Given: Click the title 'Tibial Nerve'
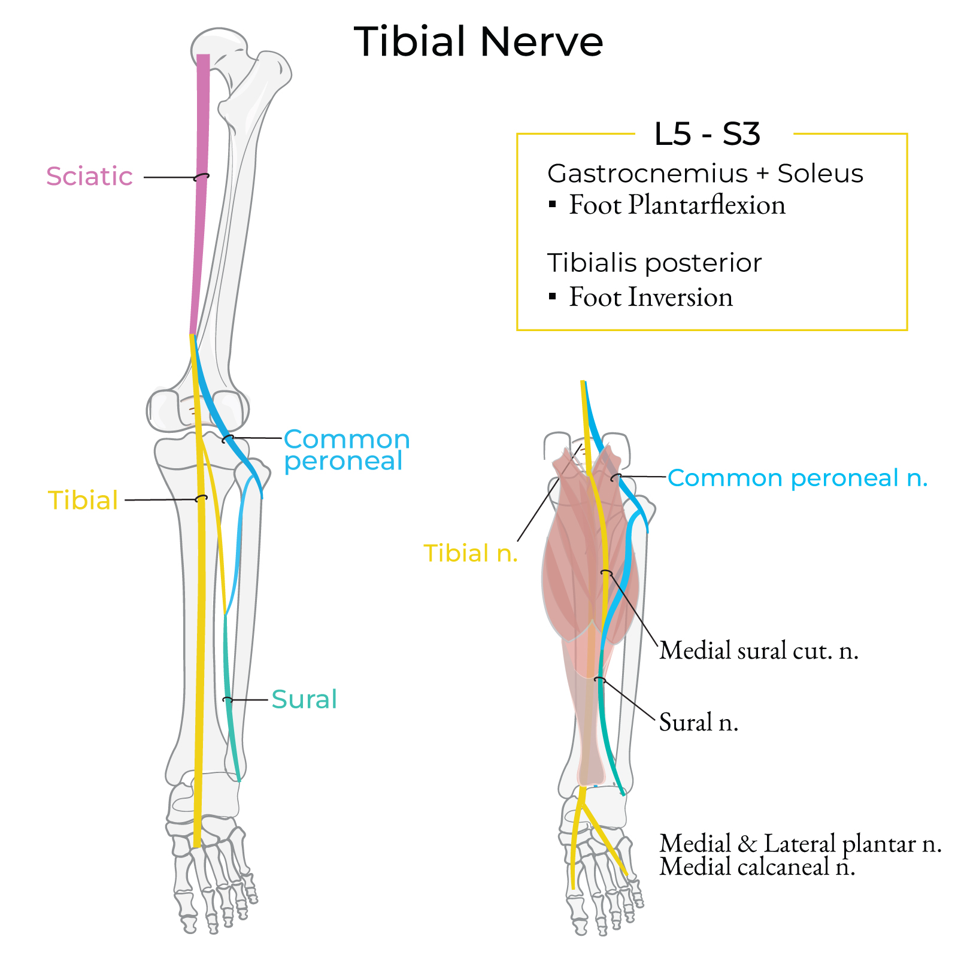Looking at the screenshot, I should click(478, 42).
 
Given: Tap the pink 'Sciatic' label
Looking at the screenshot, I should click(89, 177).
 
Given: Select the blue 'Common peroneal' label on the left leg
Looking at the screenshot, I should click(346, 450).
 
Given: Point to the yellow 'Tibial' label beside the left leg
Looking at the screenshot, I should click(83, 501).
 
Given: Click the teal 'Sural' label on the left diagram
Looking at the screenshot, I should click(304, 699).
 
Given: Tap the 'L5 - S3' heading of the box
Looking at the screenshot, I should click(707, 134).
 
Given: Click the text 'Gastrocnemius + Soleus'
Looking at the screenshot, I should click(705, 174).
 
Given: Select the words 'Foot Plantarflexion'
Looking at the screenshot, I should click(677, 205).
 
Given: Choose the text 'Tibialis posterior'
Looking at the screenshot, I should click(654, 263).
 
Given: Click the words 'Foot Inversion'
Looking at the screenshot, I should click(650, 298).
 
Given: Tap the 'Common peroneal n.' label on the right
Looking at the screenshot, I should click(797, 478).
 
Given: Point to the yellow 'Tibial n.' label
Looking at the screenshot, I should click(471, 553).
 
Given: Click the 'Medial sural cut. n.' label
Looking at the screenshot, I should click(759, 651).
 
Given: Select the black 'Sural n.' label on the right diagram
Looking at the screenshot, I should click(698, 723).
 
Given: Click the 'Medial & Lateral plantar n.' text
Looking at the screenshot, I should click(800, 844).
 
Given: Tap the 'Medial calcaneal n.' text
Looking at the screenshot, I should click(757, 867).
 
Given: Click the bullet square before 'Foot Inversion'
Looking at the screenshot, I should click(553, 296).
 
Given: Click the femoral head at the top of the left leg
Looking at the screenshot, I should click(219, 45).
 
